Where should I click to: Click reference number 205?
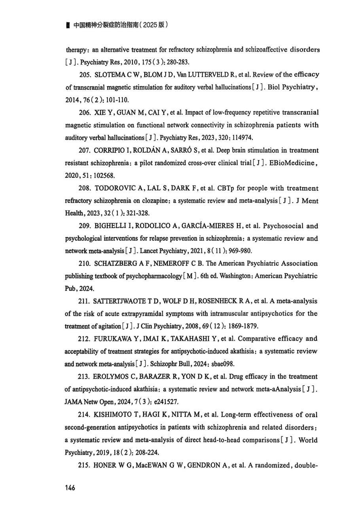[x=85, y=75]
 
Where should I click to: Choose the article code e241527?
[x=166, y=402]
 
